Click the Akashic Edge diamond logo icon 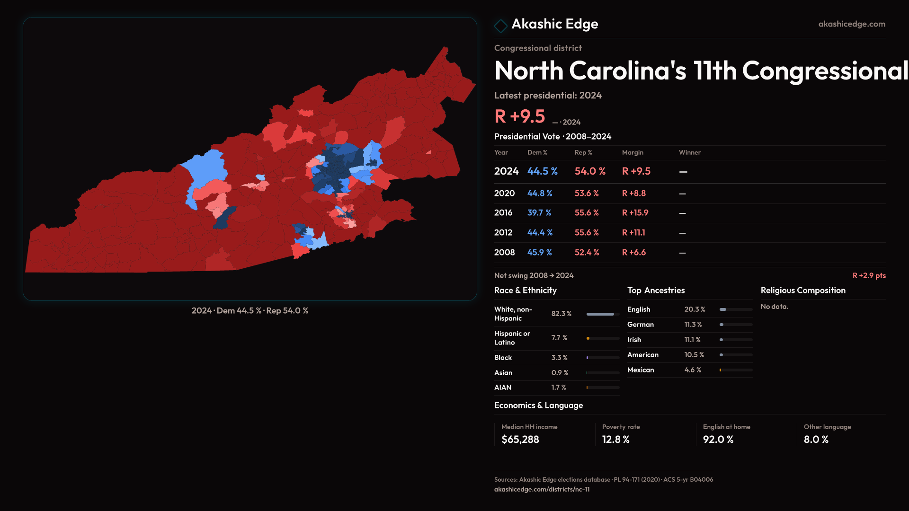click(500, 26)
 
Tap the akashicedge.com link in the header click(852, 24)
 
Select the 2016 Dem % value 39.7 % click(539, 213)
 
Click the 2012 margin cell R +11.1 click(633, 233)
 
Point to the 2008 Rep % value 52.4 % click(587, 253)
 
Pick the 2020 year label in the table click(504, 194)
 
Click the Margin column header click(633, 152)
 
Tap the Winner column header click(689, 152)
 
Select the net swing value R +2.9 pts click(869, 275)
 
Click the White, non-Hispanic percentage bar click(603, 314)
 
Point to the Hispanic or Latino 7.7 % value click(559, 338)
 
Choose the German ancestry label click(640, 325)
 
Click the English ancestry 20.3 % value click(695, 309)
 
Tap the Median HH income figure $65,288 click(520, 440)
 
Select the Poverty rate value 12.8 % click(615, 440)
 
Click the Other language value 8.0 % click(816, 440)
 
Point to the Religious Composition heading click(803, 291)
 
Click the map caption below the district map click(250, 311)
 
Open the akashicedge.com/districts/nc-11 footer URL click(542, 490)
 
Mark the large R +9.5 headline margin click(519, 116)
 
